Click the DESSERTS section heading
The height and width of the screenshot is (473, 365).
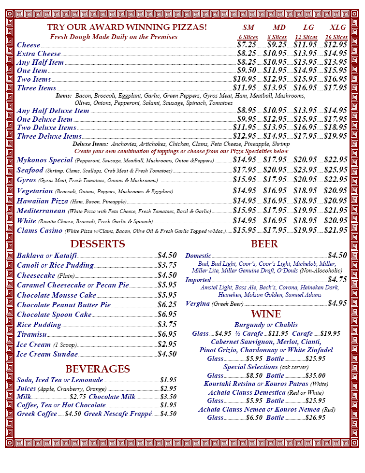coord(98,244)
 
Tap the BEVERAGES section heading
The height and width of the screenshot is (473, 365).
coord(98,369)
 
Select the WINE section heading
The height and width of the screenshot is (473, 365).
coord(265,315)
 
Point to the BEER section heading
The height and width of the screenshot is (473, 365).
coord(264,244)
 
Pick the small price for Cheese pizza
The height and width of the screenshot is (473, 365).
coord(247,45)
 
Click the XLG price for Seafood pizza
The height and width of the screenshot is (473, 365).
coord(336,170)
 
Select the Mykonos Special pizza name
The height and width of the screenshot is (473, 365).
coord(44,160)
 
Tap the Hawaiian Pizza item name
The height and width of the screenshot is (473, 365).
coord(43,201)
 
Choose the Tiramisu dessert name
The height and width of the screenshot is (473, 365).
coord(31,334)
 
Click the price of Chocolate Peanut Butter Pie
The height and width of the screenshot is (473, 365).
coord(167,305)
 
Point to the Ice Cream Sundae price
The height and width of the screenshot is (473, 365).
coord(167,354)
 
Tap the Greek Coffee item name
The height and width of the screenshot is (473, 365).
coord(37,414)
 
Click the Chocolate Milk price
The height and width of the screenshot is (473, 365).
coord(168,397)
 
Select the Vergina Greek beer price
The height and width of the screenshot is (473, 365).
coord(337,303)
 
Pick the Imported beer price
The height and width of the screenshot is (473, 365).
coord(337,280)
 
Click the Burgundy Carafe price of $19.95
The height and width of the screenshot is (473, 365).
coord(330,333)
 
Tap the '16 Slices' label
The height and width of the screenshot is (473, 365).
coord(336,37)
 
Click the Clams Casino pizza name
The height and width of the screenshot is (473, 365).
coord(40,230)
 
